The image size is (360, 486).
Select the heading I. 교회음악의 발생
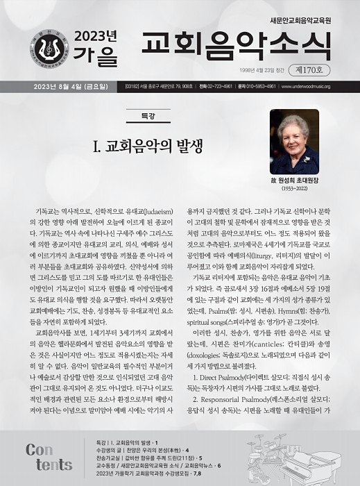click(x=148, y=146)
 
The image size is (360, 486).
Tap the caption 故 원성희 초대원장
click(x=294, y=180)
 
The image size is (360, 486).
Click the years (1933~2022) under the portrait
click(x=294, y=189)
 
